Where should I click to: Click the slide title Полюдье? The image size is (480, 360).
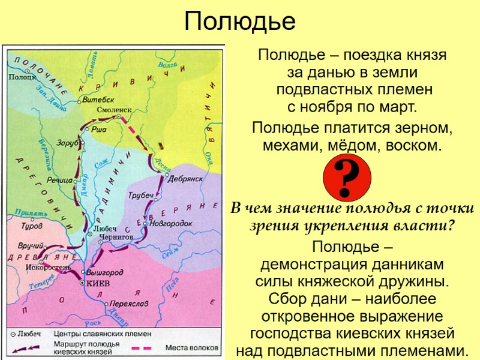(239, 22)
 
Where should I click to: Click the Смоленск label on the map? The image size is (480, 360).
(113, 111)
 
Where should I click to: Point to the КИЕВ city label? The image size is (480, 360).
(98, 283)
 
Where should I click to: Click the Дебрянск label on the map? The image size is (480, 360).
(186, 178)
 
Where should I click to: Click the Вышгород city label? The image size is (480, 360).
(105, 272)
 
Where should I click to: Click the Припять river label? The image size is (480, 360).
(31, 213)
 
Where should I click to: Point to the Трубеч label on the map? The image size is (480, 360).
(141, 196)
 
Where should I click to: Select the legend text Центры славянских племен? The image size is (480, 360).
(103, 334)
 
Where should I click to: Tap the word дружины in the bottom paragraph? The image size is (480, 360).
(413, 281)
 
